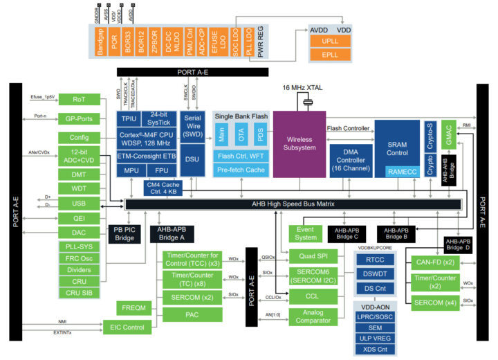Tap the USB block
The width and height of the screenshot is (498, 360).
tap(79, 203)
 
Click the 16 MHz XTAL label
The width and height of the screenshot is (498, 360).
tap(302, 88)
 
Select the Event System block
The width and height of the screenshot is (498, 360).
tap(305, 233)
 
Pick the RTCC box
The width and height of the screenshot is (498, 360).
tap(374, 259)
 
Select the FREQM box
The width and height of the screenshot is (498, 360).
tap(133, 307)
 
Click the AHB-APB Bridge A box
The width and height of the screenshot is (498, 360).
tap(172, 234)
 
